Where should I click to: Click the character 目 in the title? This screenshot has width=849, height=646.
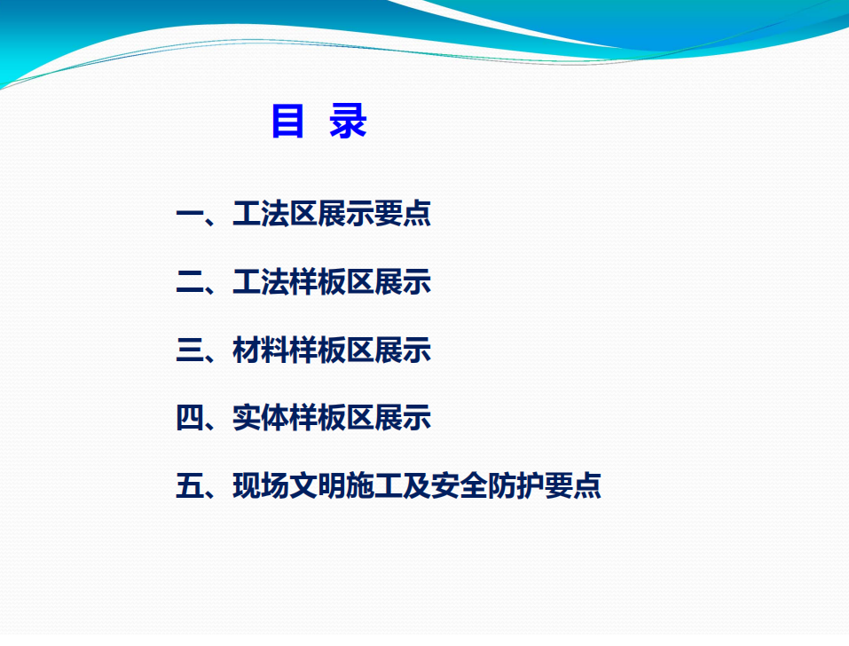(x=287, y=121)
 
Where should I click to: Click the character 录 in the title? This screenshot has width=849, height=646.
(x=348, y=121)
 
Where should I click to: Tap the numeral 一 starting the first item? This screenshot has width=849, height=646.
(x=190, y=214)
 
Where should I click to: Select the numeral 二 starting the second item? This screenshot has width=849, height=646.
(x=190, y=282)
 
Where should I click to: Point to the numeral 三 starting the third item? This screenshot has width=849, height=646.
(x=190, y=350)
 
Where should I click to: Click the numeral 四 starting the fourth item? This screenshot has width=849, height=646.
(x=190, y=417)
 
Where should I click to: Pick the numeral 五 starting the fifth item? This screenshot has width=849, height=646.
(x=190, y=485)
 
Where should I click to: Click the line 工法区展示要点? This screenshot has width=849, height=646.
(x=332, y=213)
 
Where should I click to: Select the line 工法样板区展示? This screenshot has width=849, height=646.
(x=332, y=281)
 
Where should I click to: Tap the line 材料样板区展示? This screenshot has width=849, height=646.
(x=332, y=350)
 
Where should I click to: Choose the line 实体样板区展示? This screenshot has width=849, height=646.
(x=332, y=417)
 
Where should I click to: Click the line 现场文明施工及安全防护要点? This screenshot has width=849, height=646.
(x=417, y=485)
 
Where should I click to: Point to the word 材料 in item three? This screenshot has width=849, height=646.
(x=261, y=350)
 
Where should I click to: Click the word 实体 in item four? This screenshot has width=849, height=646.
(x=261, y=417)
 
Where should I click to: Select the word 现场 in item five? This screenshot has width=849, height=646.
(x=261, y=485)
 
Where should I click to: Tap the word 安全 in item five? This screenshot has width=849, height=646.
(x=460, y=485)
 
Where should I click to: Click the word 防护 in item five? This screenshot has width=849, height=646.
(x=516, y=485)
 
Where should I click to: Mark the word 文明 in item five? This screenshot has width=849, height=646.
(x=318, y=485)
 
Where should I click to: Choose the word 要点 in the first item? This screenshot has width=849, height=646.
(x=403, y=213)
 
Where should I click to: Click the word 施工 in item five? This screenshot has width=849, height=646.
(x=374, y=485)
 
